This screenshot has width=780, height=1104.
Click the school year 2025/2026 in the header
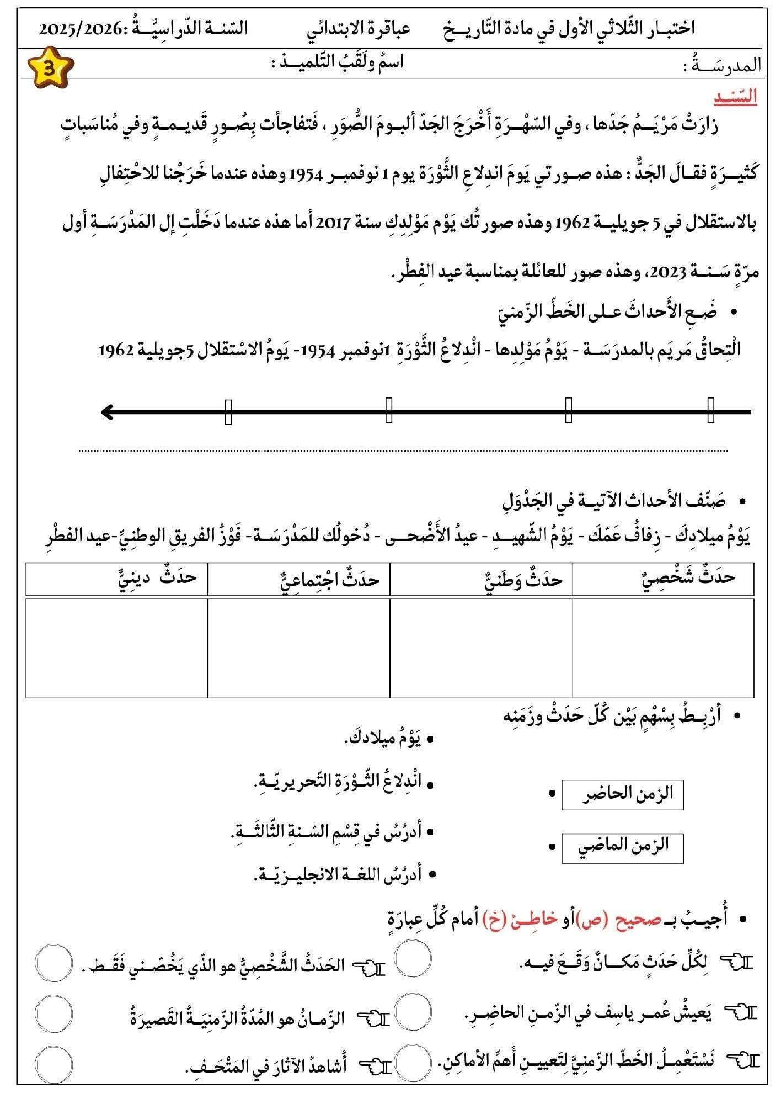80,29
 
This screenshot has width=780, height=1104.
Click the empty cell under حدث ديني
116,647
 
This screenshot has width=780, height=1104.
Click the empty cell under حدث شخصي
663,647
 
